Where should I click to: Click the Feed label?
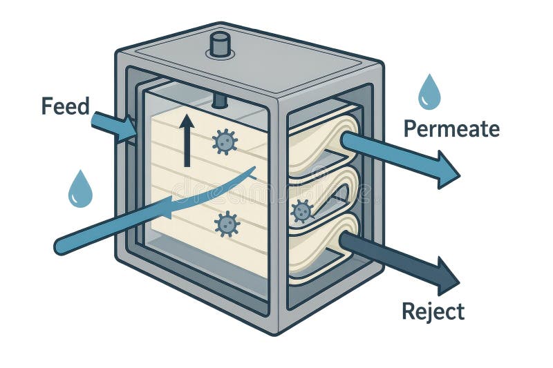click(66, 106)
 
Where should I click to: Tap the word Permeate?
click(451, 128)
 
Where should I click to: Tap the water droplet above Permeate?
click(429, 93)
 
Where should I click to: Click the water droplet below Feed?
click(80, 189)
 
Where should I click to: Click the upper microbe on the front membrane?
click(224, 141)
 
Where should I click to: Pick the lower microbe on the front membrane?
click(226, 224)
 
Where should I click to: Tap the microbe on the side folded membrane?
click(302, 211)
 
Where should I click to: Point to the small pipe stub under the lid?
click(220, 101)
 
